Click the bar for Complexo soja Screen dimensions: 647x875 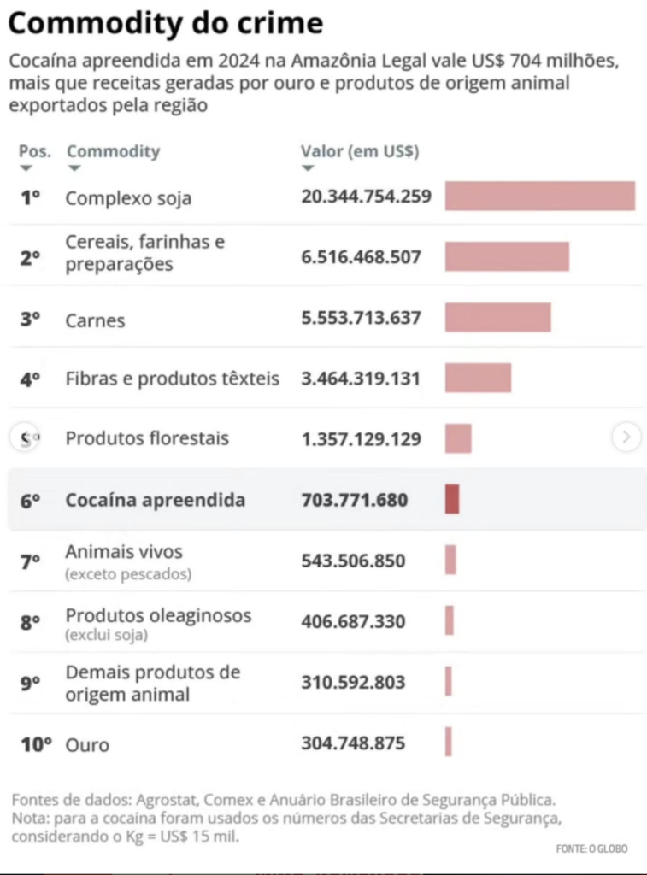coord(540,196)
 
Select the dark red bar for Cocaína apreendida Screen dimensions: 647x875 coord(452,499)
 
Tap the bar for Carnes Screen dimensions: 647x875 coord(498,317)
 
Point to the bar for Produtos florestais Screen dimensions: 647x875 coord(458,438)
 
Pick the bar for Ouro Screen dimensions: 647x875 coord(448,742)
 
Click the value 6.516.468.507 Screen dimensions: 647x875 coord(362,256)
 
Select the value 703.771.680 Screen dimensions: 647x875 coord(355,499)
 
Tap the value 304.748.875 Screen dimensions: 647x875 coord(353,743)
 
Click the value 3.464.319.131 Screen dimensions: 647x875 coord(361,379)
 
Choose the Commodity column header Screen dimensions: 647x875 coord(114,151)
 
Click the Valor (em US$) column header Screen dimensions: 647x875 coord(360,151)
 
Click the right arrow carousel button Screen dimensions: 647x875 coord(626,437)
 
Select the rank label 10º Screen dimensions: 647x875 coord(36,744)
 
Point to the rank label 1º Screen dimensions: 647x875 coord(30,197)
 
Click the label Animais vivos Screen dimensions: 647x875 coord(124,551)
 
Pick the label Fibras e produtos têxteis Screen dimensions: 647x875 coord(173,379)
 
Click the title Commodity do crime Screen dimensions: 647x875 coord(166,23)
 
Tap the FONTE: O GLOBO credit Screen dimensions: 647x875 coord(591,849)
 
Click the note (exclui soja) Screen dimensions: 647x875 coord(107,635)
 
